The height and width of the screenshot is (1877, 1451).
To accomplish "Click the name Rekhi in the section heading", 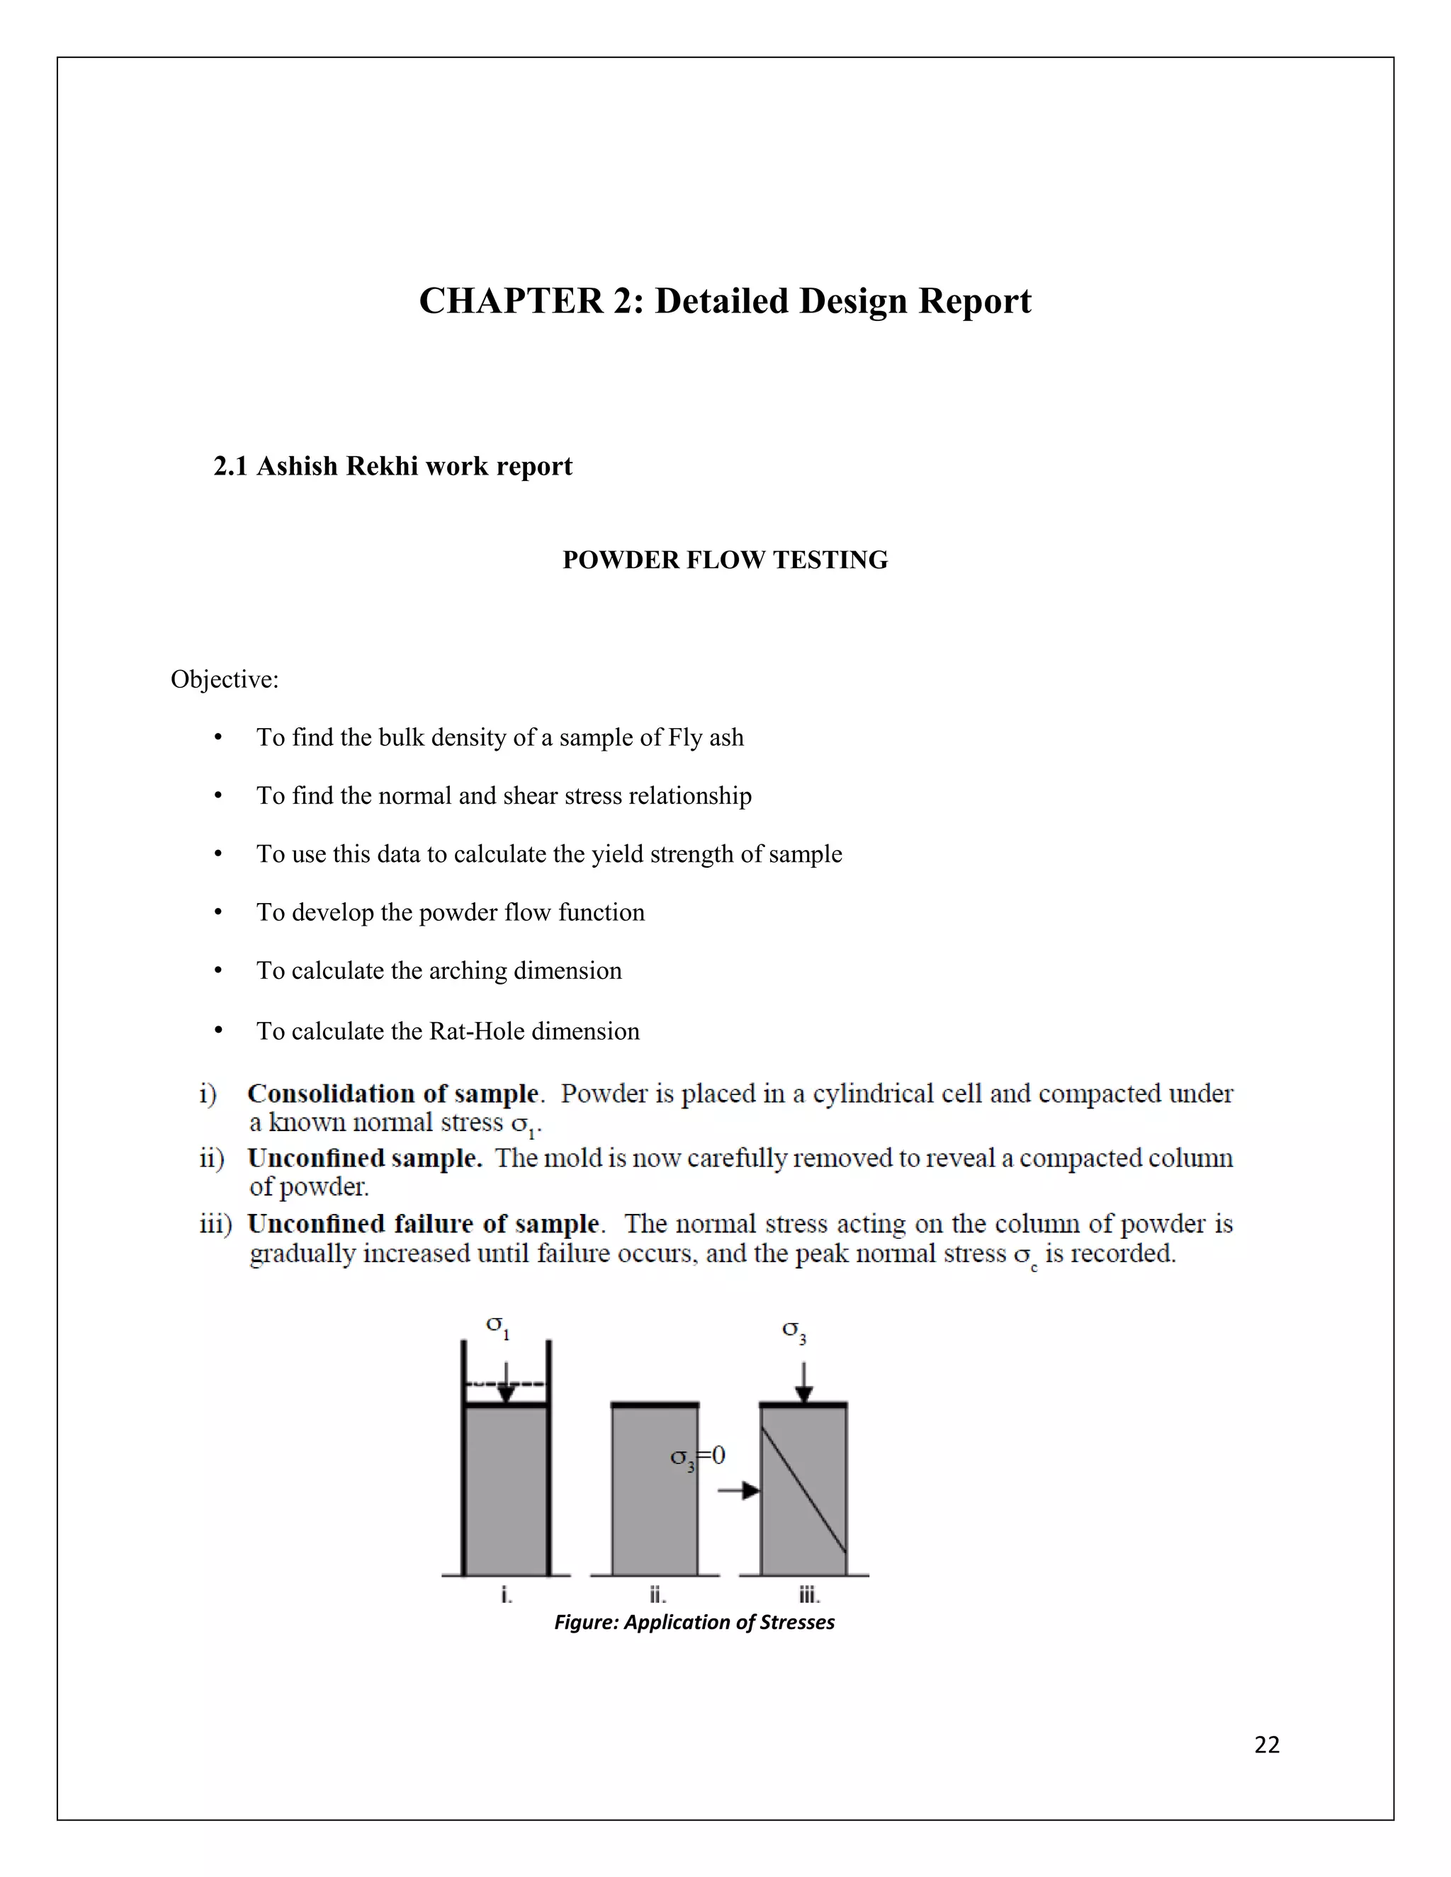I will (383, 466).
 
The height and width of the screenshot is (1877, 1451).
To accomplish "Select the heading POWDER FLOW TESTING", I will (725, 560).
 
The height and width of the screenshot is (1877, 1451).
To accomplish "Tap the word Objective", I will (222, 680).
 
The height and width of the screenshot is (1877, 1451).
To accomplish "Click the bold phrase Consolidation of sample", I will (393, 1094).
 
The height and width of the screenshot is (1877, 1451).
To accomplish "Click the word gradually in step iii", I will (302, 1255).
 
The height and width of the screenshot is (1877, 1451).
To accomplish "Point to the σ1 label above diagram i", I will (497, 1326).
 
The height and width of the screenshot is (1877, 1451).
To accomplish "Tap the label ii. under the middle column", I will (657, 1595).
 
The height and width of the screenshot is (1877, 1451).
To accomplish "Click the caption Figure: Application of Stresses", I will (694, 1622).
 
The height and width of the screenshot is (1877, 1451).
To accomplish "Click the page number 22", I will (1266, 1744).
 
